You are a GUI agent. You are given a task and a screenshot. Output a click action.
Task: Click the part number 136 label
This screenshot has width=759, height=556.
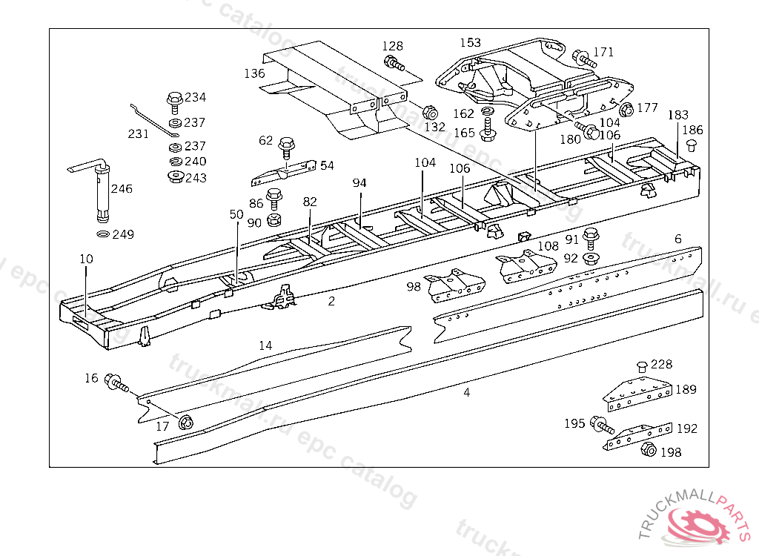pos(254,73)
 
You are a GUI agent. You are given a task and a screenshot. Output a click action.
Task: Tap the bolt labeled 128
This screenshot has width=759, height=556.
pos(394,63)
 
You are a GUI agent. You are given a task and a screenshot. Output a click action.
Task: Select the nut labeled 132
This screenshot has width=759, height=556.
pos(428,113)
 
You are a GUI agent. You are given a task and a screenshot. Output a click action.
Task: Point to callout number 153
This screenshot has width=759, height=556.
pos(470,43)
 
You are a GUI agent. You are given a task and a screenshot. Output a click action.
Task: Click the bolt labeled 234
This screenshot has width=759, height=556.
pos(175,99)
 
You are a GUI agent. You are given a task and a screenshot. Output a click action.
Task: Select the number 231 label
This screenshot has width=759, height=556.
pos(139,134)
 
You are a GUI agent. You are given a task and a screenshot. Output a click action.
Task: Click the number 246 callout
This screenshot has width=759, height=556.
pos(122,189)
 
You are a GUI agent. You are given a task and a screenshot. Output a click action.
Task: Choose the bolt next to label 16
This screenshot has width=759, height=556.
pos(116,383)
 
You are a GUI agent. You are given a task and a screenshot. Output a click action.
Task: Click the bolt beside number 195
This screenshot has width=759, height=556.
pos(600,425)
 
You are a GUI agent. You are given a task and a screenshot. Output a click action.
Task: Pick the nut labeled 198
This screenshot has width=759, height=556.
pos(646,449)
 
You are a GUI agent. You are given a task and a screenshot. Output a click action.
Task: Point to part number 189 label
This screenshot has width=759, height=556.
pos(686,390)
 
